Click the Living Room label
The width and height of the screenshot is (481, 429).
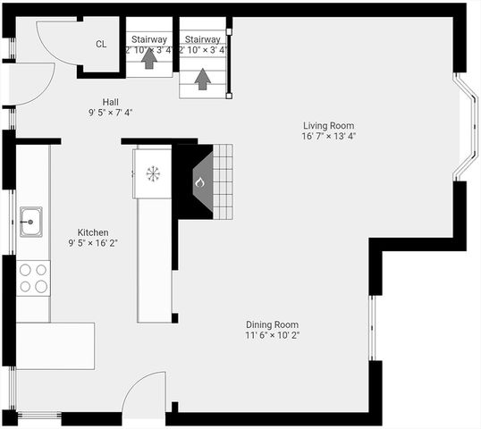pos(329,125)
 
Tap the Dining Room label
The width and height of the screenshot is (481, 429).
pos(273,324)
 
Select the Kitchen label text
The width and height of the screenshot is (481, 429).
pos(93,231)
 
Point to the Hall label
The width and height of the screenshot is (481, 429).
pos(110,102)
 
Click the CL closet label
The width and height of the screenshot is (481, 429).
pos(101,44)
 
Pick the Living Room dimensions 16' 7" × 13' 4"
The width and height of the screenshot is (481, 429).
pos(329,137)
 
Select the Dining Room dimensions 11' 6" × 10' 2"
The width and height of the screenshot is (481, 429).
pos(273,336)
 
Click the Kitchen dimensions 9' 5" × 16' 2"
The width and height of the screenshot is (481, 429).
pos(93,243)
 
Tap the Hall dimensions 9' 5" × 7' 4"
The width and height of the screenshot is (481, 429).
pos(110,114)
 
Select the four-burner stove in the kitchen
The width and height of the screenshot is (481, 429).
pos(33,277)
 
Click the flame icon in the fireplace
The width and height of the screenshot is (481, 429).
pos(200,182)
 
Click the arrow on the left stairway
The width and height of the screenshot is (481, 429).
pos(148,60)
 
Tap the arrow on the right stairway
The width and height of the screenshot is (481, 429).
pos(202,79)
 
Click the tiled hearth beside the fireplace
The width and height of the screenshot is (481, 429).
pos(223,181)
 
